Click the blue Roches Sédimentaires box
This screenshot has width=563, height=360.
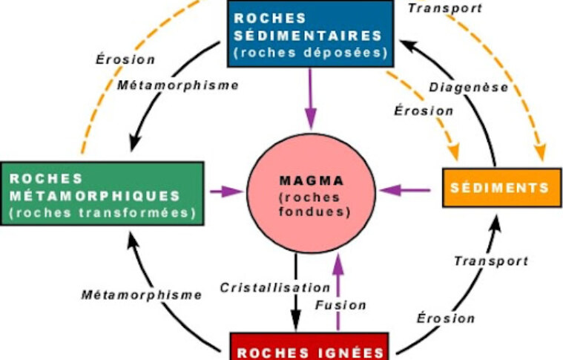coord(310,33)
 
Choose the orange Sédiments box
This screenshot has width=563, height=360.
coord(498,188)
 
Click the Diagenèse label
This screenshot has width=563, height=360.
coord(468,88)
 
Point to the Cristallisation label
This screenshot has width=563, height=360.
coord(274,287)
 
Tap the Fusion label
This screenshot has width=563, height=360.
coord(340,305)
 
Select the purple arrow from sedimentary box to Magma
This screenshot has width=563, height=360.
coord(310,96)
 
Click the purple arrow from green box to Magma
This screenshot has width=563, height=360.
coord(226,192)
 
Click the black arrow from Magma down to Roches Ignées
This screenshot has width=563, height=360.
coord(296,297)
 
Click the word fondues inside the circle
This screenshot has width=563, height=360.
coord(310,211)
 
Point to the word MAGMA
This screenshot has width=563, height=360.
coord(310,180)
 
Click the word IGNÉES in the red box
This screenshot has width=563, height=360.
coord(353,353)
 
